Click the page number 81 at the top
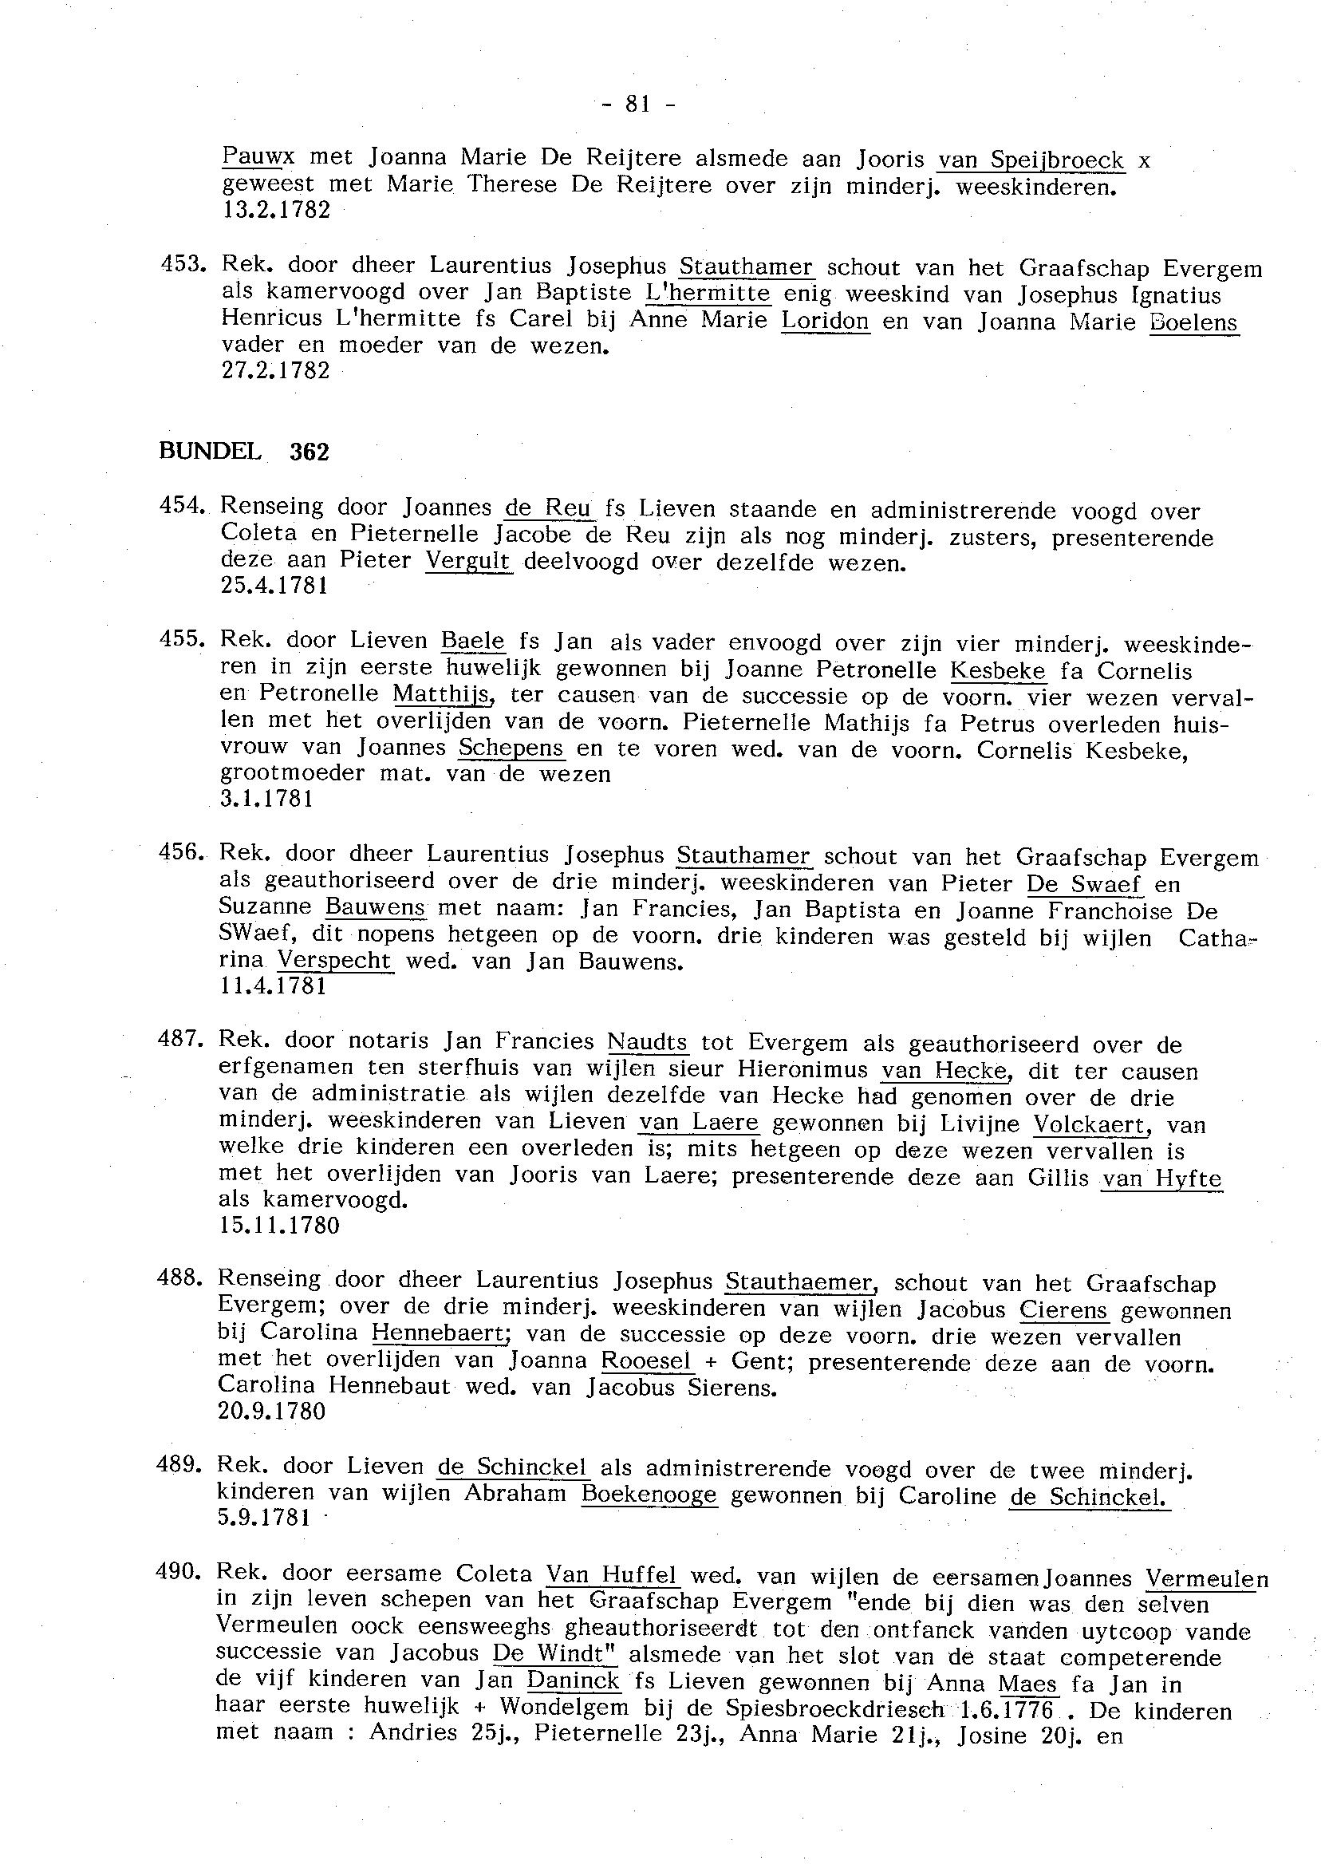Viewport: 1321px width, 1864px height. [637, 105]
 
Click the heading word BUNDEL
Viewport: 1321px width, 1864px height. [210, 451]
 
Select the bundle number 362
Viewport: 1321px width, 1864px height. [309, 452]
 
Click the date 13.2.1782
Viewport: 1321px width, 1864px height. [276, 210]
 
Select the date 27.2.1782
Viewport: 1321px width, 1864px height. [276, 370]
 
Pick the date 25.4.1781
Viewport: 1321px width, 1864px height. [274, 586]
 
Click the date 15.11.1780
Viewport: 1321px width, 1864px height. [279, 1226]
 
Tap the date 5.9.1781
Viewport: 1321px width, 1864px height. [264, 1518]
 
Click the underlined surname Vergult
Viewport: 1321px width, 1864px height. [468, 561]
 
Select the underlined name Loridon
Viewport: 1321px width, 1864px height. [825, 321]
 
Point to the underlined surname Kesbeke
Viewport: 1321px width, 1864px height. [997, 671]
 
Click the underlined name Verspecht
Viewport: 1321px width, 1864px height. [335, 960]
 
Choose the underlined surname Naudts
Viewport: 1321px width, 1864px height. [648, 1042]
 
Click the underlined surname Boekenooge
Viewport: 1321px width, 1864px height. [649, 1495]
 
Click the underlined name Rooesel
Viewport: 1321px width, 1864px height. [647, 1360]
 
